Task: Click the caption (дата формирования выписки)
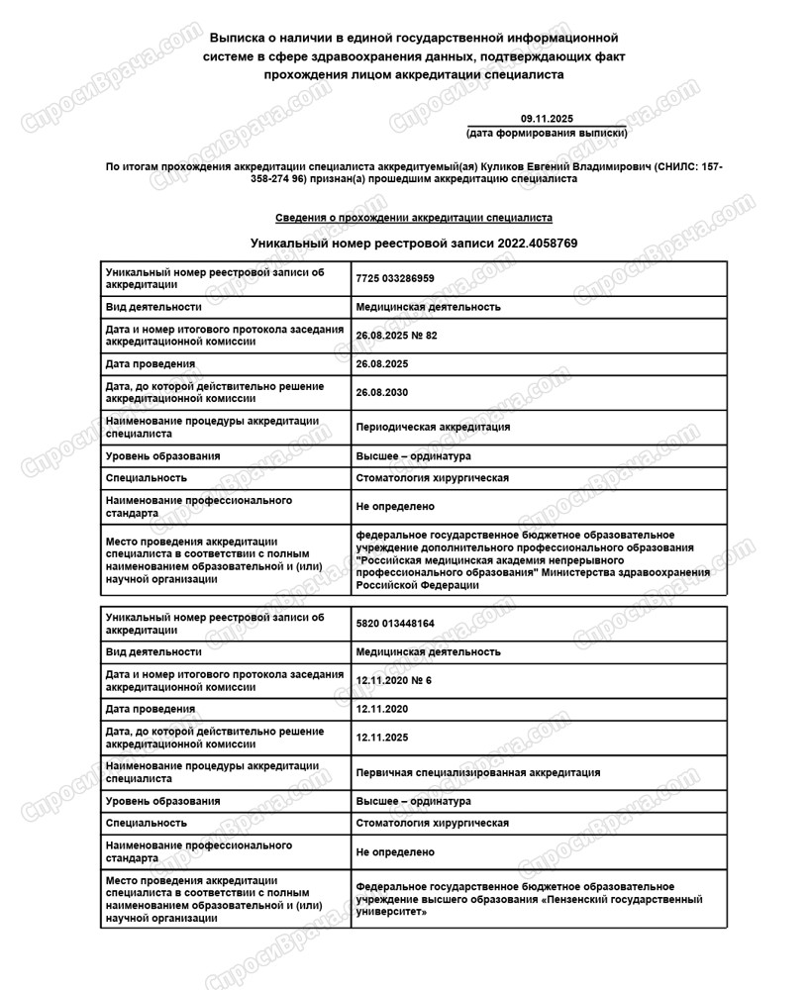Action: click(547, 133)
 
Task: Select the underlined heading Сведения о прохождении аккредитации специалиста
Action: click(414, 218)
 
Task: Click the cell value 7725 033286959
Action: click(395, 279)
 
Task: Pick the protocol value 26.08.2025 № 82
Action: click(396, 336)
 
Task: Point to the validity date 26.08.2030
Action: click(381, 392)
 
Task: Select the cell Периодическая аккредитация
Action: click(433, 427)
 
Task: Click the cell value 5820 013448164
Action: click(395, 624)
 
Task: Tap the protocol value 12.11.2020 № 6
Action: click(393, 680)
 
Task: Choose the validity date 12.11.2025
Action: click(381, 738)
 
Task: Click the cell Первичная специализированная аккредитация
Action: click(477, 772)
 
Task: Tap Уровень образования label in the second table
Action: click(163, 801)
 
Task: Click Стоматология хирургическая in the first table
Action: click(432, 478)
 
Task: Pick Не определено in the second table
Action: click(395, 851)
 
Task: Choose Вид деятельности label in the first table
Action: click(153, 307)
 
